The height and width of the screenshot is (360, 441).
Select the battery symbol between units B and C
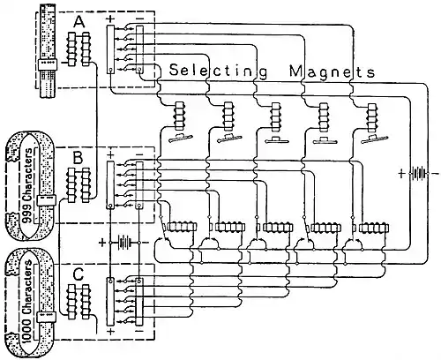pyautogui.click(x=128, y=241)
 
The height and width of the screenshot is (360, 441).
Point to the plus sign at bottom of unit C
pyautogui.click(x=108, y=332)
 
